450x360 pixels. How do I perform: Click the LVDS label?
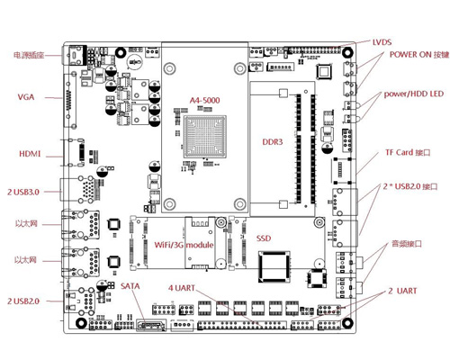point(382,42)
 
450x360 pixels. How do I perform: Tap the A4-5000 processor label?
point(204,100)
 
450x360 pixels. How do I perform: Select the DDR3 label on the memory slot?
point(273,142)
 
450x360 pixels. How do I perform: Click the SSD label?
point(264,238)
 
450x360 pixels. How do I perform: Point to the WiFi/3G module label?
point(184,245)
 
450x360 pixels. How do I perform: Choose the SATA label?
point(130,286)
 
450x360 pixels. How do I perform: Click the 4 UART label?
point(182,288)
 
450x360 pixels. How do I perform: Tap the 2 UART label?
point(402,291)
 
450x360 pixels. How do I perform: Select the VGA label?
point(26,97)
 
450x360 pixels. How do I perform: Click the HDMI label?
point(30,154)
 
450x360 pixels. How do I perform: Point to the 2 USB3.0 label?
point(23,192)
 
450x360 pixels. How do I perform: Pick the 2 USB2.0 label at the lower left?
point(23,301)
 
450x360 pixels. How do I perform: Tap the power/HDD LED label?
point(414,94)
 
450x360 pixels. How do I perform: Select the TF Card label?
point(408,152)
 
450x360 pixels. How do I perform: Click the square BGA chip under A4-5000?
point(205,137)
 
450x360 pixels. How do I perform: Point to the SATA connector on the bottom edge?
point(151,325)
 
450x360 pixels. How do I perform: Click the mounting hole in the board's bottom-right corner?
point(347,323)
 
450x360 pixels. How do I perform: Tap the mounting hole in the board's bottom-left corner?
point(81,323)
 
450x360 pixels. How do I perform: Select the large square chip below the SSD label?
point(274,267)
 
